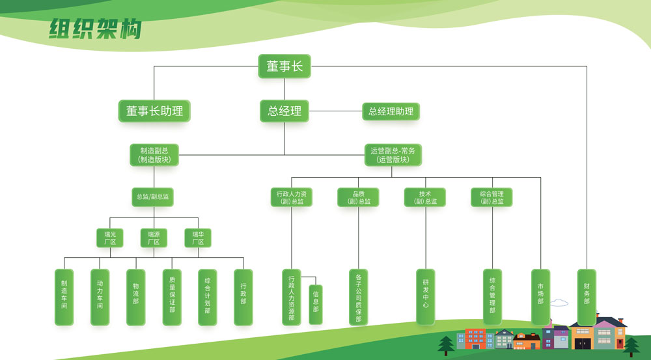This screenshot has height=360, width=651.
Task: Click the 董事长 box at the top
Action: tap(284, 66)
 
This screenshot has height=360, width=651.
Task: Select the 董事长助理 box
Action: tap(154, 111)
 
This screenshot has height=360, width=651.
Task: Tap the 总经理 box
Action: tap(284, 111)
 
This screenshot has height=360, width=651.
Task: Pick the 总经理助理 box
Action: tap(391, 111)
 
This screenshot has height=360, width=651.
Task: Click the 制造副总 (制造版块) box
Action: tap(154, 155)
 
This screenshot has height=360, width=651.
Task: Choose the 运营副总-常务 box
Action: tap(393, 155)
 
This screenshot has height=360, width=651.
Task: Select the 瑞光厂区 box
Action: tap(109, 238)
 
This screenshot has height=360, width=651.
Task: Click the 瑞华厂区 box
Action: tap(198, 238)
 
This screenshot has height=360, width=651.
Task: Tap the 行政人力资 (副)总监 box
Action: tap(291, 197)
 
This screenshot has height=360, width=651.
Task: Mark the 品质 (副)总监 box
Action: tap(358, 197)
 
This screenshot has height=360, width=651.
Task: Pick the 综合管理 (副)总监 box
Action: tap(492, 197)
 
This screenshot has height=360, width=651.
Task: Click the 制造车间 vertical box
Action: tap(64, 297)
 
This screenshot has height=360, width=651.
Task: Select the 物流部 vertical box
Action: tap(135, 297)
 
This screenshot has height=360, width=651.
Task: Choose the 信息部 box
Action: tap(316, 305)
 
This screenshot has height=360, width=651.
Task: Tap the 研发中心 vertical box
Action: tap(426, 297)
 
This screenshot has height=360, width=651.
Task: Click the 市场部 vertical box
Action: tap(540, 297)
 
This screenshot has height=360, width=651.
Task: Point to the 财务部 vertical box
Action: tap(587, 297)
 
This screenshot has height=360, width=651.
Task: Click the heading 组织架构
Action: tap(95, 29)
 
